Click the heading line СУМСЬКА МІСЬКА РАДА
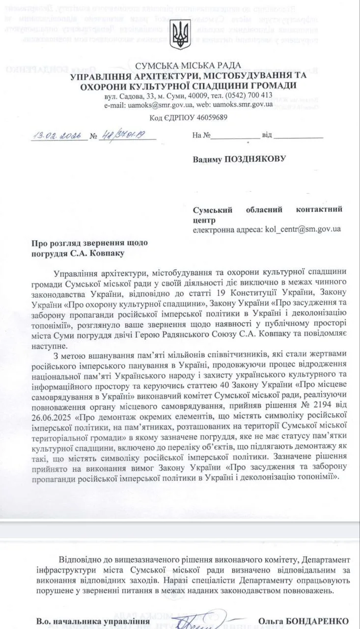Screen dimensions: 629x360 click(x=189, y=65)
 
